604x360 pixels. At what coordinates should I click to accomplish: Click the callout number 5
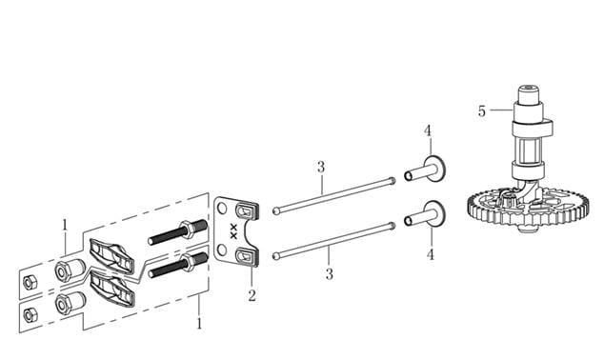tap(482, 111)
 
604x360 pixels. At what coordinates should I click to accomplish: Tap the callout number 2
tap(252, 295)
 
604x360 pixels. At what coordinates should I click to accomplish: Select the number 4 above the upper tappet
tap(428, 130)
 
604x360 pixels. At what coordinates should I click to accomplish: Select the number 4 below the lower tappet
tap(431, 254)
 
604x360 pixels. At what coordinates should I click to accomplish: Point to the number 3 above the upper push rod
tap(321, 168)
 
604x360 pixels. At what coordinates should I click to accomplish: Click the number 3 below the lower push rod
tap(329, 274)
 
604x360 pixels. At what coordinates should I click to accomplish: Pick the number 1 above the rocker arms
tap(65, 226)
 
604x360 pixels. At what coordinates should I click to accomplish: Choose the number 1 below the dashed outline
tap(199, 323)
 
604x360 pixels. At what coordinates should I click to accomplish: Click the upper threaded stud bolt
tap(178, 232)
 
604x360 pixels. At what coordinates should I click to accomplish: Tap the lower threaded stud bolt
tap(178, 266)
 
